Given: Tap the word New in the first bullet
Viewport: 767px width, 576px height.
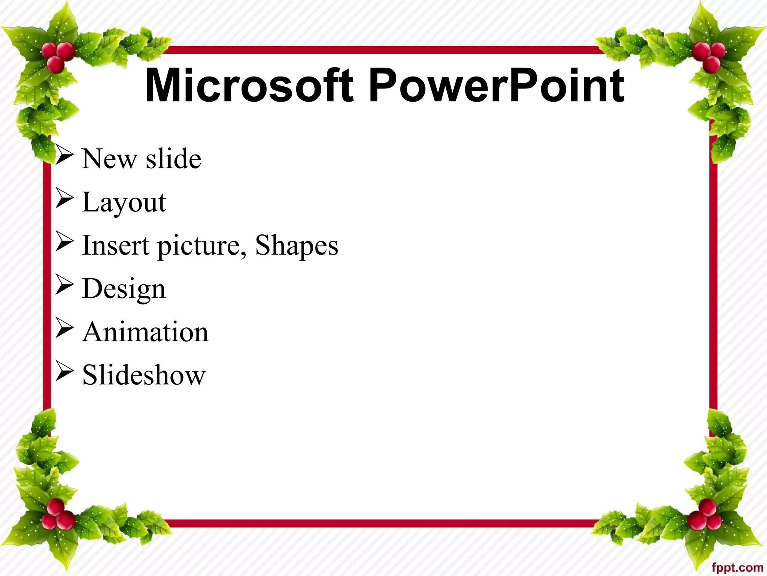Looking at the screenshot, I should pyautogui.click(x=109, y=159).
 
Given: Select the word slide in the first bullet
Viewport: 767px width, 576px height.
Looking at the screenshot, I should pyautogui.click(x=173, y=158).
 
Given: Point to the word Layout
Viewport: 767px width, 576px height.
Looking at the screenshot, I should pyautogui.click(x=124, y=203).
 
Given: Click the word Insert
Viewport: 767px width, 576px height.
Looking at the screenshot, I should pyautogui.click(x=116, y=245).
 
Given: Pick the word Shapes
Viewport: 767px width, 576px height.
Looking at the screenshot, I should pyautogui.click(x=297, y=246).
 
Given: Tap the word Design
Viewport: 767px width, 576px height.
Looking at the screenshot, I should pyautogui.click(x=124, y=289).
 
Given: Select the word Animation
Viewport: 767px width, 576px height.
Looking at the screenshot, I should pyautogui.click(x=145, y=332).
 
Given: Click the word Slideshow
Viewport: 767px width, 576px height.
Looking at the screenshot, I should pyautogui.click(x=144, y=375).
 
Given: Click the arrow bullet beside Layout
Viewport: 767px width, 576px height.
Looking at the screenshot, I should pyautogui.click(x=64, y=198).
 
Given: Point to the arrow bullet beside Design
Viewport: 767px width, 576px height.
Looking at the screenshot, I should pyautogui.click(x=64, y=285).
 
